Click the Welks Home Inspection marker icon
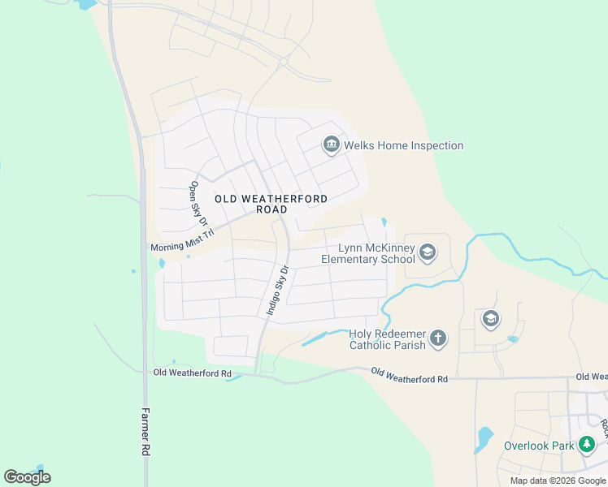331,145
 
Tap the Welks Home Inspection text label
403,146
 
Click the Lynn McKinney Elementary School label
368,253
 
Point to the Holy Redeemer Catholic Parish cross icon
438,338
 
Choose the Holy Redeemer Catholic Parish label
387,339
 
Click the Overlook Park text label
538,446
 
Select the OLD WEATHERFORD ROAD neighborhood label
271,204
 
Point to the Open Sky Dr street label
199,203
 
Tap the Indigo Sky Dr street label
278,290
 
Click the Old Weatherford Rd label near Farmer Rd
186,373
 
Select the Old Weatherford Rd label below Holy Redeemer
410,375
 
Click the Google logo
27,477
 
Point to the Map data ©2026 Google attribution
558,481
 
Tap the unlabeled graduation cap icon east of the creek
490,319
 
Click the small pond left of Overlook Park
484,439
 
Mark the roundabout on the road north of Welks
284,62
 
